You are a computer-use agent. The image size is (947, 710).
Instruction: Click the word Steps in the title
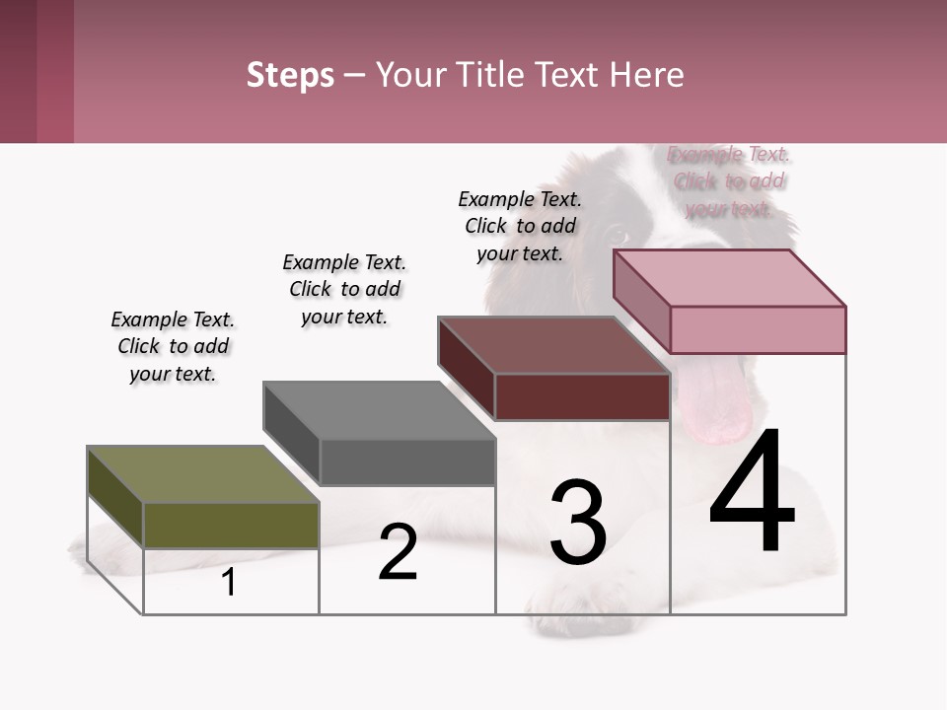pyautogui.click(x=290, y=75)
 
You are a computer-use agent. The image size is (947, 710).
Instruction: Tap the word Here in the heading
pyautogui.click(x=647, y=75)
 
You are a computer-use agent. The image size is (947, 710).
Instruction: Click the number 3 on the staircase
pyautogui.click(x=577, y=523)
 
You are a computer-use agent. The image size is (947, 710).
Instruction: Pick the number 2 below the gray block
pyautogui.click(x=398, y=552)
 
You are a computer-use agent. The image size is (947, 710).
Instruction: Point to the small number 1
pyautogui.click(x=229, y=583)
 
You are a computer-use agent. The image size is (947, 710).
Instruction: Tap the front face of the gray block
pyautogui.click(x=407, y=461)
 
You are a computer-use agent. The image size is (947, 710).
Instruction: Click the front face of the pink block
pyautogui.click(x=758, y=329)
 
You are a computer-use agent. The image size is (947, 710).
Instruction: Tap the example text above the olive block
pyautogui.click(x=173, y=346)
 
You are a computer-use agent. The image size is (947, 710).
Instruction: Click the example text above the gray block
pyautogui.click(x=344, y=289)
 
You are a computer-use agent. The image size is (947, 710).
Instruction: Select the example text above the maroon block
pyautogui.click(x=520, y=226)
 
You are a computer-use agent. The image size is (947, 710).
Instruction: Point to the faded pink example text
pyautogui.click(x=729, y=181)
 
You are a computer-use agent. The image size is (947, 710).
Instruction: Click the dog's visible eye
pyautogui.click(x=617, y=236)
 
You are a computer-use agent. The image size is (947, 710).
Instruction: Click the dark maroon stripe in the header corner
pyautogui.click(x=18, y=71)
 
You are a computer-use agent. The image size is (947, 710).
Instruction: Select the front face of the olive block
pyautogui.click(x=231, y=525)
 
